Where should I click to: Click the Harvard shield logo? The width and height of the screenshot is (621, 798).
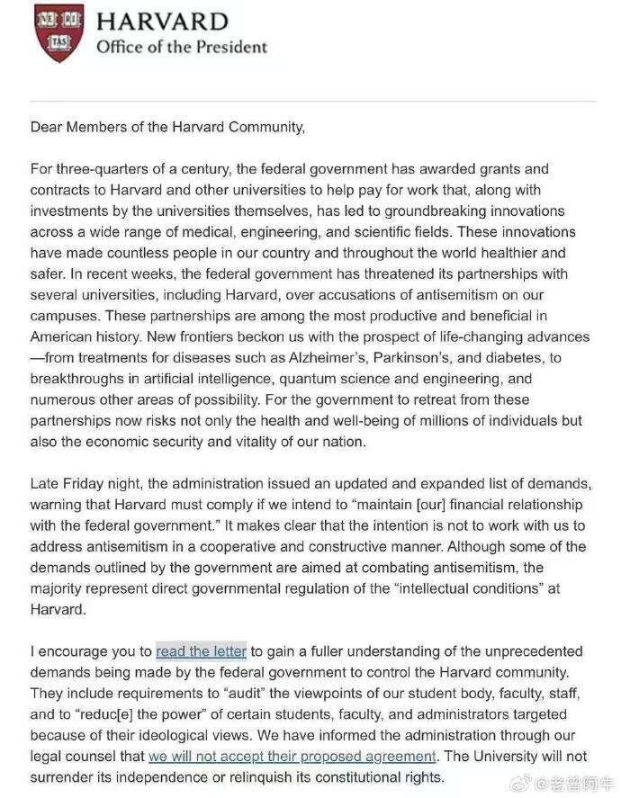click(58, 33)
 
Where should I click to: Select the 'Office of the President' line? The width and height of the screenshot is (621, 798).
click(182, 47)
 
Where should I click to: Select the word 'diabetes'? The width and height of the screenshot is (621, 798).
click(529, 358)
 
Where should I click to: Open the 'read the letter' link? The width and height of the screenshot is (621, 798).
click(201, 651)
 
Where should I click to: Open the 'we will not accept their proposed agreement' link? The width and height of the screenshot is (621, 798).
click(292, 757)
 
